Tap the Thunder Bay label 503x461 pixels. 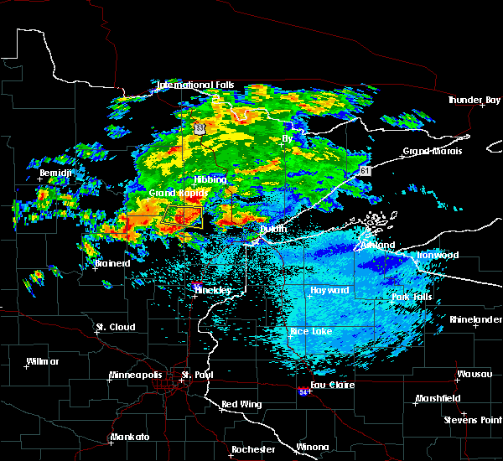(474, 101)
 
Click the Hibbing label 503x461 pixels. (210, 179)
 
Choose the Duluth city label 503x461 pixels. (272, 229)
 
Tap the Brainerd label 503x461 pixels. (112, 263)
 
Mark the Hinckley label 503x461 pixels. (212, 290)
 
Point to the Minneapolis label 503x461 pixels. (140, 375)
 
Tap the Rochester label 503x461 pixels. (252, 449)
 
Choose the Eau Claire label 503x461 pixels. (332, 385)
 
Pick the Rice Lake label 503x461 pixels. (310, 332)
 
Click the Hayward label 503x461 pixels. (329, 290)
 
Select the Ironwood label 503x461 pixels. (439, 255)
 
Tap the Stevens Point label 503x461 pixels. (474, 419)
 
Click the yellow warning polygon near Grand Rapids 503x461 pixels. (184, 217)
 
